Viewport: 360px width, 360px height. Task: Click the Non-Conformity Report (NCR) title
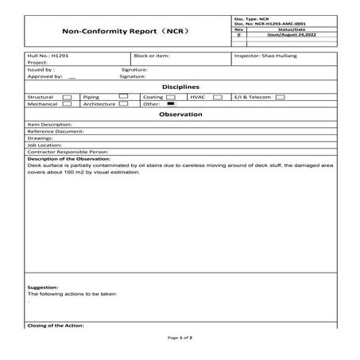coord(124,32)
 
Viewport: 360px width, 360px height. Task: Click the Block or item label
coord(152,56)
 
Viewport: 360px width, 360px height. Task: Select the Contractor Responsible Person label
coord(68,151)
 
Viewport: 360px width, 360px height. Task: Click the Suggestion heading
coord(43,287)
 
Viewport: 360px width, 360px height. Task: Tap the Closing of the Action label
coord(56,325)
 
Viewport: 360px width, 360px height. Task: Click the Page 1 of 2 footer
coord(180,338)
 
